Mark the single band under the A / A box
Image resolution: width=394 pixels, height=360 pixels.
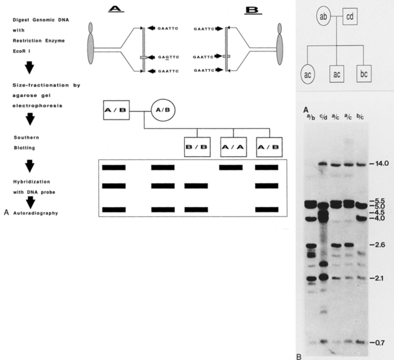tap(232, 167)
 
